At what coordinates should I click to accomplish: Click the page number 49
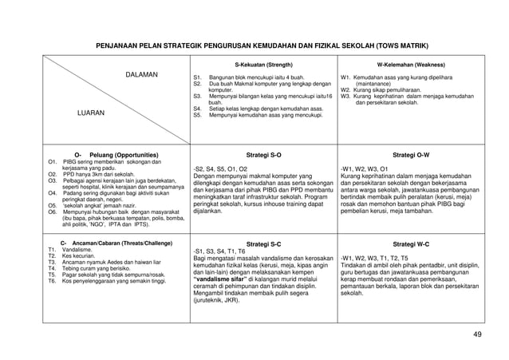(477, 334)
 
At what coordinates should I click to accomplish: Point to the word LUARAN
(90, 113)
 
